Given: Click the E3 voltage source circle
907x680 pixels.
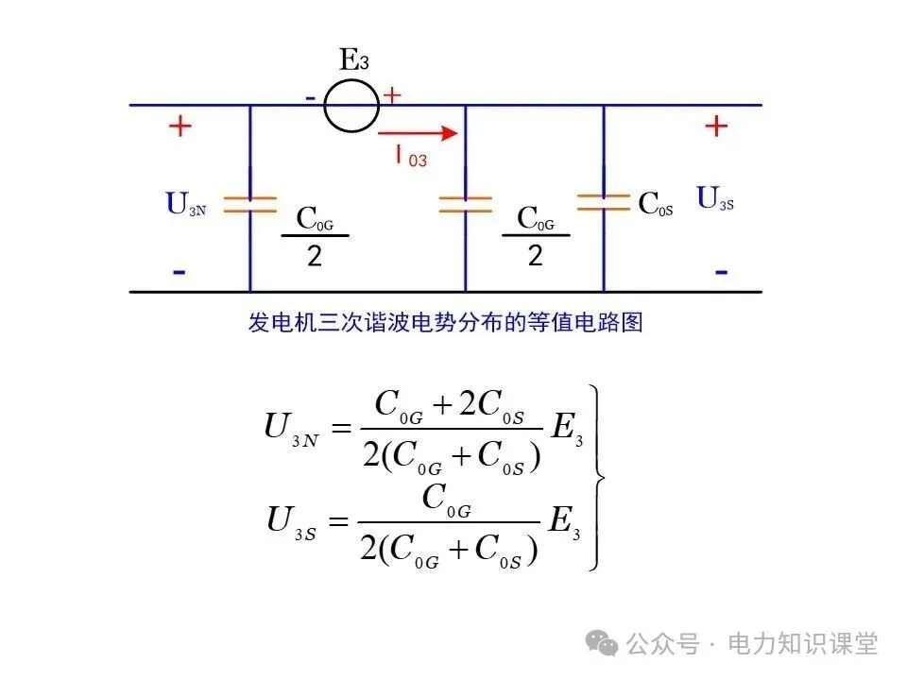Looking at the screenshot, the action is (351, 105).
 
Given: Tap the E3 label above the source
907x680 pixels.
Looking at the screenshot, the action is (353, 61).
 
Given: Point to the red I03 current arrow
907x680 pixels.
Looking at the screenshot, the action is (419, 133).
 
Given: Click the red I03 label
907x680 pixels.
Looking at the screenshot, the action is (411, 158).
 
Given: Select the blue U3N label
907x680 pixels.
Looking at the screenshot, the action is (186, 204).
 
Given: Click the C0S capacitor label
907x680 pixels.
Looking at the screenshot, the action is (656, 204).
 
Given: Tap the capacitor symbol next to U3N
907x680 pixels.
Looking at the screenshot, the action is (250, 204).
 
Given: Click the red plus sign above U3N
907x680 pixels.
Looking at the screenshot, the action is (179, 127).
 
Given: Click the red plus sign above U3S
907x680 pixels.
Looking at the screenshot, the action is (717, 125).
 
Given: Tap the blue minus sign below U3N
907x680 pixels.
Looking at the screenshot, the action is (179, 272).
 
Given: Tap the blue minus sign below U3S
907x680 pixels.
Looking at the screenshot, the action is (721, 272).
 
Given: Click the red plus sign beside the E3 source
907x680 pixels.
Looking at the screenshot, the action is (391, 94).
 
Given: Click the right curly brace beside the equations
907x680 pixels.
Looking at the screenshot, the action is (596, 476).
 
